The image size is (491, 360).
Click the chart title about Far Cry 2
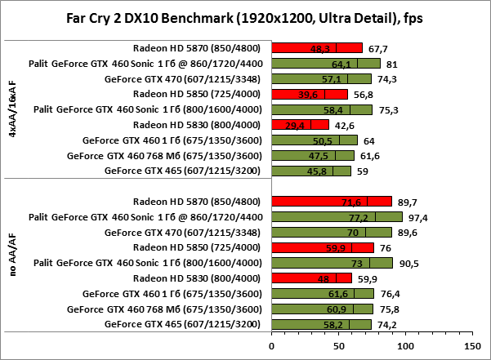pos(245,17)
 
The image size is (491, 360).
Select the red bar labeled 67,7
pos(317,47)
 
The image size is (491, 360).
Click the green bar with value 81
pos(326,63)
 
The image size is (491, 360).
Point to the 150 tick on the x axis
pos(469,345)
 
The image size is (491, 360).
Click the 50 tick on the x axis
pos(337,345)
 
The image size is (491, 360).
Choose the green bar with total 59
pos(311,171)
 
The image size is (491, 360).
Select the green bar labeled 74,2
pos(321,325)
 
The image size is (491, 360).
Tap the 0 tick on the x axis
pos(272,345)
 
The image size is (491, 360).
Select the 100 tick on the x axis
pos(403,345)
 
